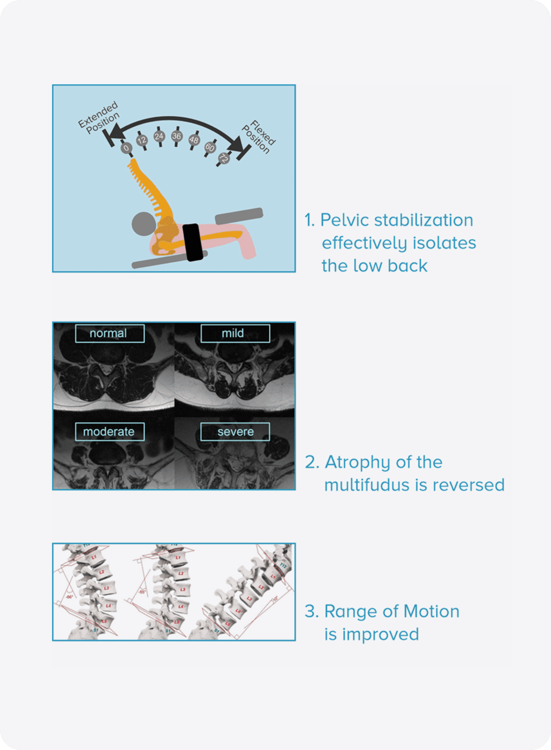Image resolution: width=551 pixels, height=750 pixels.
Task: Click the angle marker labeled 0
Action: point(126,147)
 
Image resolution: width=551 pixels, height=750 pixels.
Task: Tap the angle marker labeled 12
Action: point(142,140)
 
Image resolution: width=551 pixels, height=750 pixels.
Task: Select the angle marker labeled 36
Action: point(177,136)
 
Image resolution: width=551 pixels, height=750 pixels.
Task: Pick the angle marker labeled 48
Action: point(194,140)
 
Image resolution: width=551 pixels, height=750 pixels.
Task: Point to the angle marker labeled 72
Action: point(224,158)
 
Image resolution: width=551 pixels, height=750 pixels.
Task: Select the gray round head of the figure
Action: point(143,224)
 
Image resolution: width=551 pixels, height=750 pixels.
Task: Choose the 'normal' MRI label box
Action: point(109,333)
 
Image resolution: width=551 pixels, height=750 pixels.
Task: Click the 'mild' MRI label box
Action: point(235,333)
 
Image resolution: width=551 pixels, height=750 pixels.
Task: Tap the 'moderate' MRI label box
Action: point(109,432)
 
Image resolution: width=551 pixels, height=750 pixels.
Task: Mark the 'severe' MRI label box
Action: point(235,432)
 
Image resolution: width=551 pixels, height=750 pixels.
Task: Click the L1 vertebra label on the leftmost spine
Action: point(94,557)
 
